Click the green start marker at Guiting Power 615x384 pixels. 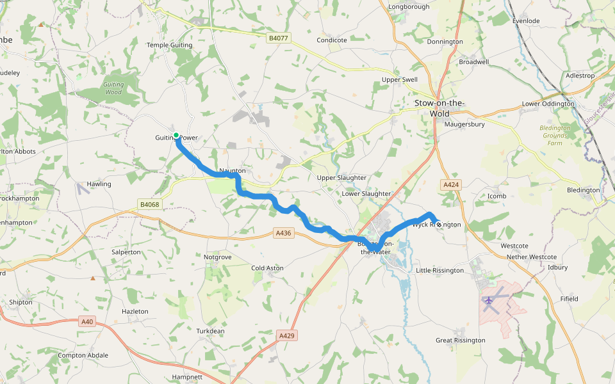pos(176,135)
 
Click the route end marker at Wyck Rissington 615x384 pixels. pos(438,223)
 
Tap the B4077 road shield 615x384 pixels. pos(279,38)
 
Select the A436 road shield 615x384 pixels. pos(283,233)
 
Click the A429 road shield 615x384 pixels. pos(287,335)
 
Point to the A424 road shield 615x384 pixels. pos(451,184)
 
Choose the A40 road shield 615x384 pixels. pos(87,322)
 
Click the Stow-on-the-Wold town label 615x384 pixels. pos(439,108)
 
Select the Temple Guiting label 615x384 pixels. pos(169,45)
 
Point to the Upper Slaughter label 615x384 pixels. pos(342,177)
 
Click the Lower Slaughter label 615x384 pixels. pos(366,193)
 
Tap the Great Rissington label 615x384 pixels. pos(460,340)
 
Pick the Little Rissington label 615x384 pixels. pos(440,270)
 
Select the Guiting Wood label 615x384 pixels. pos(113,88)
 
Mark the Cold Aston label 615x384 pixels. pos(267,268)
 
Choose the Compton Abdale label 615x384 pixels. pos(83,355)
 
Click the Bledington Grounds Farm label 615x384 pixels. pos(555,135)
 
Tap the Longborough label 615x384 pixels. pos(409,7)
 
